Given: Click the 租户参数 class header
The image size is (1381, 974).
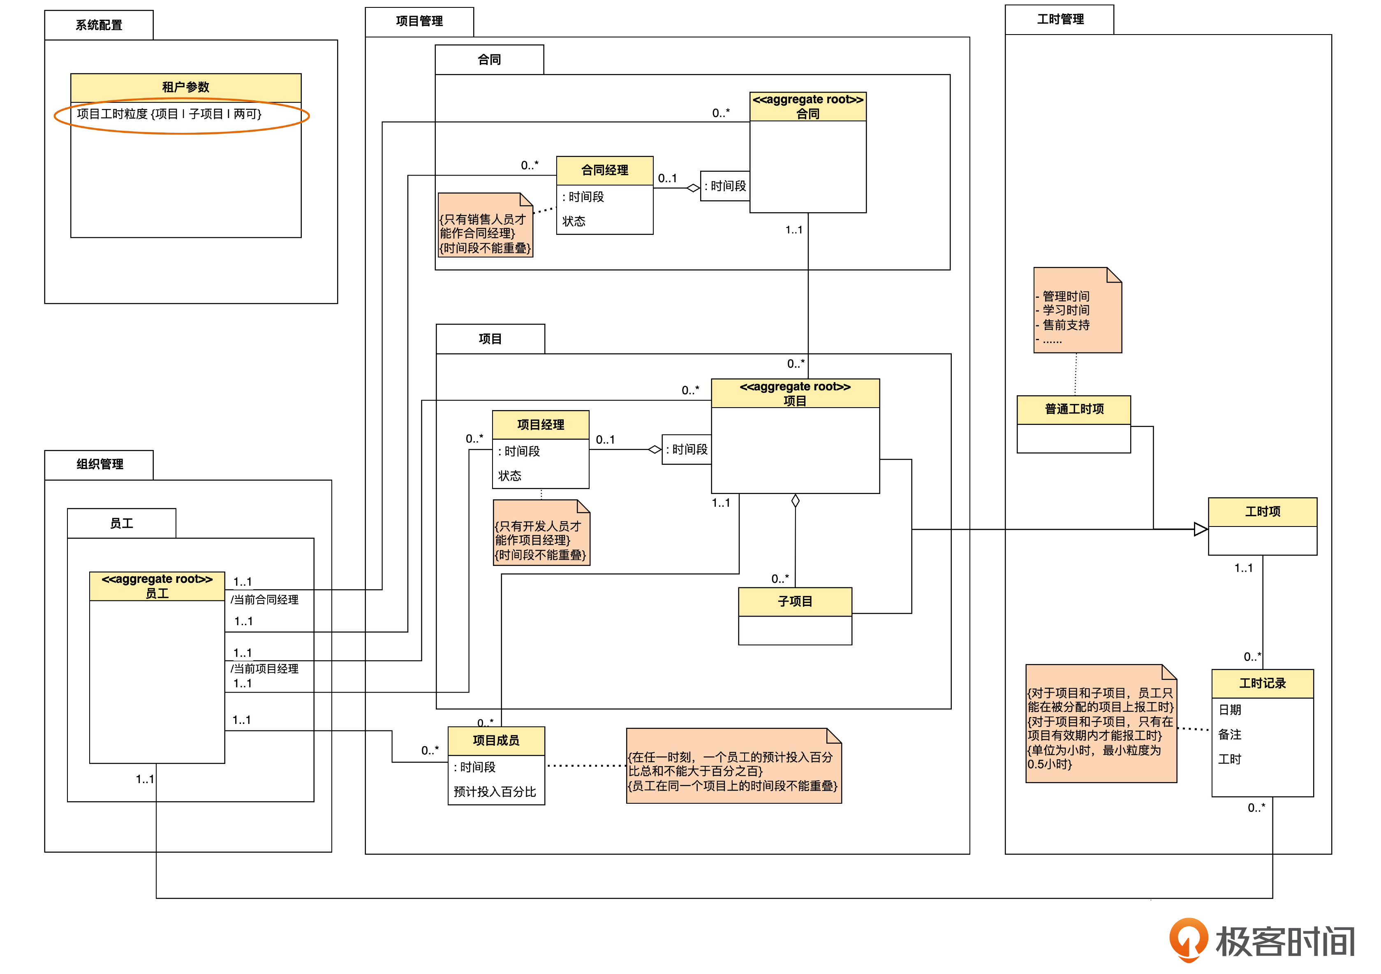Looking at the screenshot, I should (185, 87).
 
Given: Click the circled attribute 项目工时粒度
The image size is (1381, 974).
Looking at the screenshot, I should (169, 114).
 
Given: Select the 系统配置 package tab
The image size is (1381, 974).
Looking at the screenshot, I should (99, 25).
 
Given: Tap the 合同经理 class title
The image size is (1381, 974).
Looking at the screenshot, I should (604, 170).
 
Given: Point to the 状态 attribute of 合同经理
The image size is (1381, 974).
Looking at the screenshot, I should (574, 221).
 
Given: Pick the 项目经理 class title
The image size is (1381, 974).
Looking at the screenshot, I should (540, 425).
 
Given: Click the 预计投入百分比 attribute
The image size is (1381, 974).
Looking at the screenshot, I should (495, 792).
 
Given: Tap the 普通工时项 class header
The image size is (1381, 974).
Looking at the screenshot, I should (1073, 409).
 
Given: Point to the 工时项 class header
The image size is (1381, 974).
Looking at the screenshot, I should (1262, 511).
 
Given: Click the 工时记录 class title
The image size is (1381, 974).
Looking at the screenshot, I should (1262, 684).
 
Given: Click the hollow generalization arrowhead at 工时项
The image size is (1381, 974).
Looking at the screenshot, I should (1201, 529).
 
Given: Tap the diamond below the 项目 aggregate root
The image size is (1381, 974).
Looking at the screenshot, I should (795, 501).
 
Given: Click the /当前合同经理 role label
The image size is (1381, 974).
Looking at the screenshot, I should (265, 600).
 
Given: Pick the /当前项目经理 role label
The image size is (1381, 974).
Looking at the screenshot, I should (265, 668).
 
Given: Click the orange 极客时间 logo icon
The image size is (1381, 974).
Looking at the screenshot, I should (1188, 939).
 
